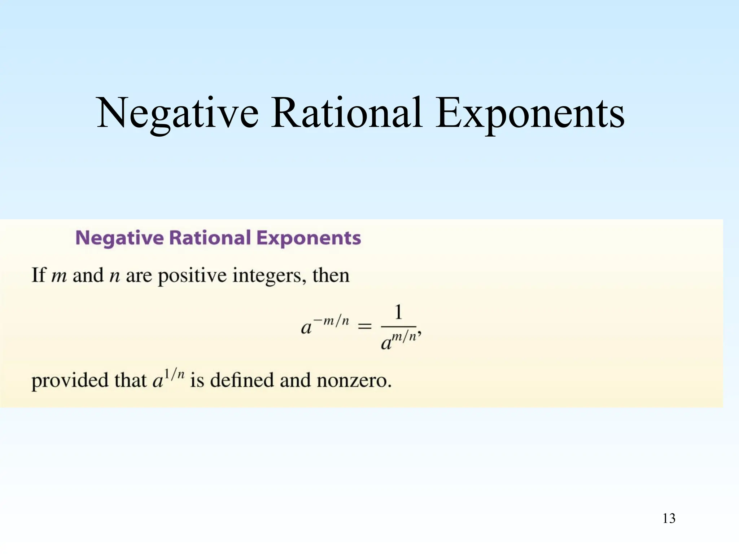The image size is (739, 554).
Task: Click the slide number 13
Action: [669, 518]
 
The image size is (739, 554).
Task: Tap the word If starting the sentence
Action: [39, 275]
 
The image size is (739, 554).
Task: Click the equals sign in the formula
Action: [364, 326]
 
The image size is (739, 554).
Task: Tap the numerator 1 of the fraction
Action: [398, 312]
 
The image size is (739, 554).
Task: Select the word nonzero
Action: [354, 380]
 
